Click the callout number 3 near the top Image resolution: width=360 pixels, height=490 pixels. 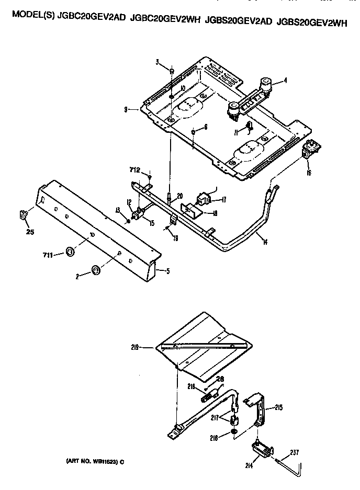[156, 63]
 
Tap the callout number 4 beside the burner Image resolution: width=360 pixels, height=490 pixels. [286, 81]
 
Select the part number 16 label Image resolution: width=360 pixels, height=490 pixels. [309, 173]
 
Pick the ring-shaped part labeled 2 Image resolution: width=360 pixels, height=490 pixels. [96, 270]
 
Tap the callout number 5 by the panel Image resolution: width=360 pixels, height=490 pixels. [167, 271]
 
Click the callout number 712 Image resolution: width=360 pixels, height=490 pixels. [135, 169]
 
